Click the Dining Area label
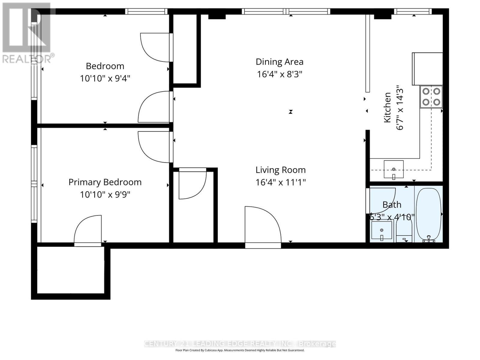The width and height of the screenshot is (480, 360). (279, 62)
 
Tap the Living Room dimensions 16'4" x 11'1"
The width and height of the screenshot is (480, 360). (280, 182)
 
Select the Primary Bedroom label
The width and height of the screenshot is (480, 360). (105, 182)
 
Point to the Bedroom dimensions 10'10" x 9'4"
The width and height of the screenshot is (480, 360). (105, 79)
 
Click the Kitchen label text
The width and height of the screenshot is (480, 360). (387, 107)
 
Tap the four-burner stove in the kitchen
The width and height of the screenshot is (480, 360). (431, 97)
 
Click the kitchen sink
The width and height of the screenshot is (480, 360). (394, 169)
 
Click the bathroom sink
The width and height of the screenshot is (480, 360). (382, 230)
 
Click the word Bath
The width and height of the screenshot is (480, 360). (392, 205)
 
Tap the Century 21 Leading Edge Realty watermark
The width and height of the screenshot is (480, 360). (240, 344)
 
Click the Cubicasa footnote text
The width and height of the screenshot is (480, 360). (240, 350)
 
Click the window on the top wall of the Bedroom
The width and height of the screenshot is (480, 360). (146, 11)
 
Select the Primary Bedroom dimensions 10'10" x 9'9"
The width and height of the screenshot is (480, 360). (105, 195)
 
